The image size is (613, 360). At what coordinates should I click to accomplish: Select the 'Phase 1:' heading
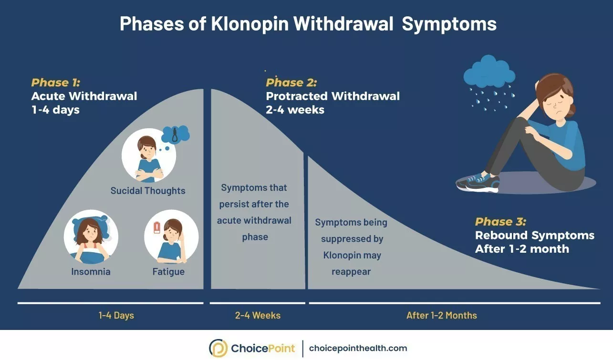[x=56, y=82]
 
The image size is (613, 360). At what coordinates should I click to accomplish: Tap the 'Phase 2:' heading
[x=291, y=82]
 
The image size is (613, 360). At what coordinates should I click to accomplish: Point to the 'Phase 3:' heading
[x=500, y=222]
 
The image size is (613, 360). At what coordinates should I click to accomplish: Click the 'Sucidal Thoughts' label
[x=148, y=191]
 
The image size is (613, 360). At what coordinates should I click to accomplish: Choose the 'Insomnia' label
[x=91, y=272]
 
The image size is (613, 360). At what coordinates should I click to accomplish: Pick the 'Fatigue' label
[x=168, y=272]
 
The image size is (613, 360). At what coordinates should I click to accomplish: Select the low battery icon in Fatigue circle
[x=156, y=228]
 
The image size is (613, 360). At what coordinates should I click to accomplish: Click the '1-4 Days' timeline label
[x=116, y=316]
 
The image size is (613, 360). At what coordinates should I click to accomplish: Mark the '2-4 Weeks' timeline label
[x=258, y=316]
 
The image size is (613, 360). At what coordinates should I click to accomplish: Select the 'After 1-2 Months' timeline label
[x=441, y=316]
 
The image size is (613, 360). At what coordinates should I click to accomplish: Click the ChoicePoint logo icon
[x=218, y=348]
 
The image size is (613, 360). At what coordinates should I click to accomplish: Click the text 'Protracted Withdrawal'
[x=332, y=96]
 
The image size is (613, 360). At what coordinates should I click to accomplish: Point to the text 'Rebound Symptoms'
[x=535, y=236]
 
